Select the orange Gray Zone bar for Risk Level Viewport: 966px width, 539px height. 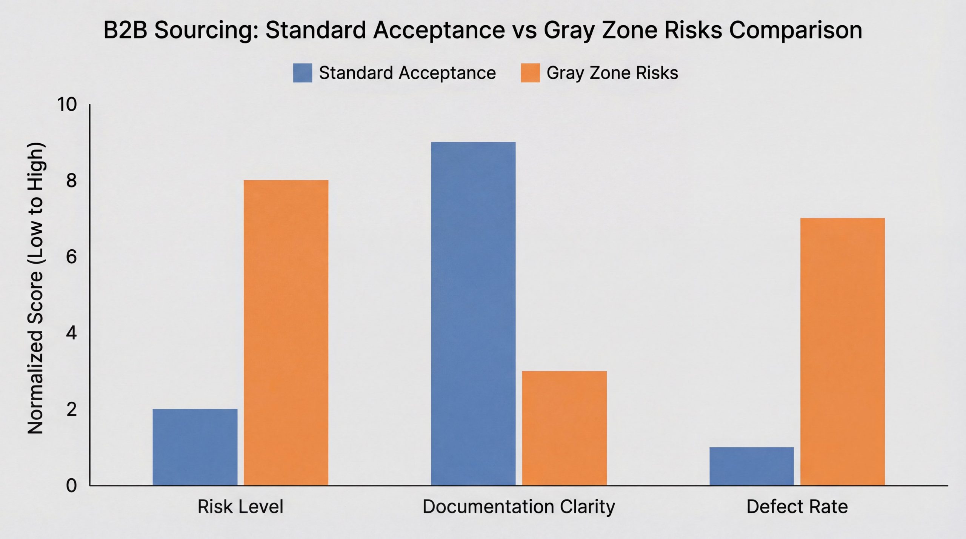[x=286, y=333]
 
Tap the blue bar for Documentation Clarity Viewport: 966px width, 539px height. [x=473, y=313]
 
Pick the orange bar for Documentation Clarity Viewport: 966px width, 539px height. [x=565, y=428]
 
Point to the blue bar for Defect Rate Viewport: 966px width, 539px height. [x=752, y=466]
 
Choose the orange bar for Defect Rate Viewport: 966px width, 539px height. [x=843, y=352]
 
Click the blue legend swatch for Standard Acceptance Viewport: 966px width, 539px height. [x=303, y=73]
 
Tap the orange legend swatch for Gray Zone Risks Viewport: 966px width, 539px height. [x=530, y=73]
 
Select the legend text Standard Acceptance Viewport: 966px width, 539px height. [x=408, y=73]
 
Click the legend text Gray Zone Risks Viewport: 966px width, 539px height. [x=612, y=73]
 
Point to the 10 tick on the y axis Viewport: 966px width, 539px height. [x=66, y=104]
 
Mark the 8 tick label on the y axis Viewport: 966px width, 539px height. [x=71, y=181]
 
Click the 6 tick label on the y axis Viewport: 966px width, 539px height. [x=71, y=257]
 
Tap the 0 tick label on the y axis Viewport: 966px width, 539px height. [x=71, y=485]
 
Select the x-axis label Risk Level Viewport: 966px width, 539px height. [x=240, y=507]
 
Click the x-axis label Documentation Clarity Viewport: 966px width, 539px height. [x=519, y=507]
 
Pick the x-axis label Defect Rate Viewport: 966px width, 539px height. [x=797, y=507]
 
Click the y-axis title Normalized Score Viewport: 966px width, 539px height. [x=36, y=289]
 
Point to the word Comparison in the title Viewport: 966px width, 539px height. [x=795, y=30]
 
